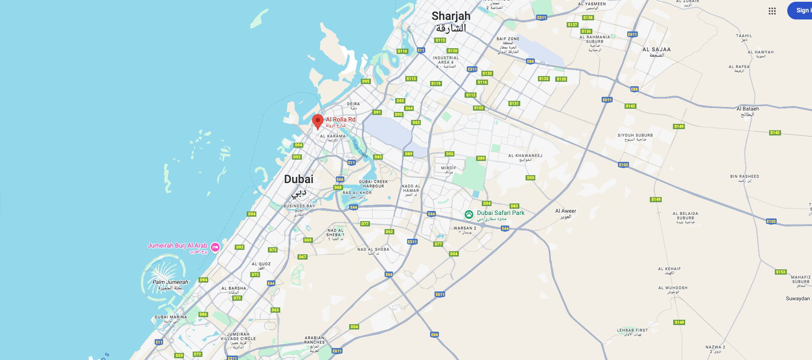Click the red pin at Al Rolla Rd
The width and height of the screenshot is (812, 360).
317,121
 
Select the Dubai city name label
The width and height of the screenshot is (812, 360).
299,180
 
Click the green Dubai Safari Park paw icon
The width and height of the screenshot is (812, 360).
469,214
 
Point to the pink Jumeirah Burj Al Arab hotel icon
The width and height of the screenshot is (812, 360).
215,247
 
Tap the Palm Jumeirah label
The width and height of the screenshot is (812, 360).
170,282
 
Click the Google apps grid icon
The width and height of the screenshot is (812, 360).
772,11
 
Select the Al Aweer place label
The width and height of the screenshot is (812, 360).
565,211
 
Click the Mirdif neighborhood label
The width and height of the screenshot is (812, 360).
448,168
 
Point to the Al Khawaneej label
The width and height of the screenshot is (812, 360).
525,156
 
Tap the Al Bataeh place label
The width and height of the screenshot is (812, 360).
747,109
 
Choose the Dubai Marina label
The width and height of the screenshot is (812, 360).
171,317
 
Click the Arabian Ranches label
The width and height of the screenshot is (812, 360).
315,340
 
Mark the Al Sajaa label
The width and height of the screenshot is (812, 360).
656,50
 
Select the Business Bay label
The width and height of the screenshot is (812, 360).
299,206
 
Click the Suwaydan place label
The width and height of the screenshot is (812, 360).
797,299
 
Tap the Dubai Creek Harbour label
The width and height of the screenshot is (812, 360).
374,184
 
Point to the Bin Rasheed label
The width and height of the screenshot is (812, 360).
744,176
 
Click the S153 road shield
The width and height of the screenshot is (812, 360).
781,272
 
